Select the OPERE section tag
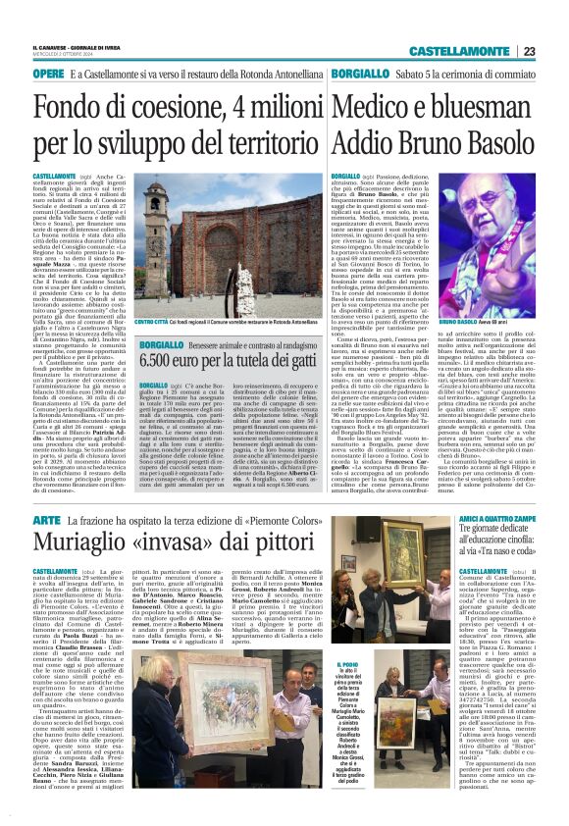point(48,74)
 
